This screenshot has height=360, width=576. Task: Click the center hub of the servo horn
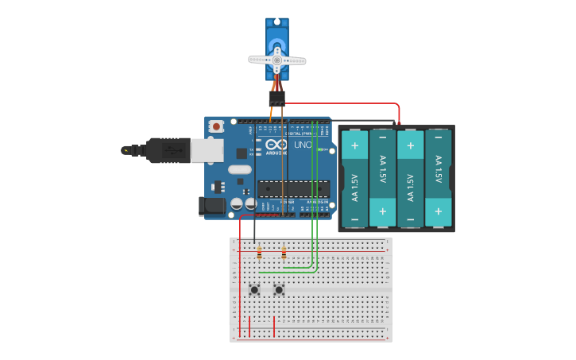point(276,60)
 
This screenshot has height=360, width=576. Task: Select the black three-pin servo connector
point(276,98)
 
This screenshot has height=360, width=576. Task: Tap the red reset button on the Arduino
point(215,126)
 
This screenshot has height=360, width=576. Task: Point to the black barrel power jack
point(210,206)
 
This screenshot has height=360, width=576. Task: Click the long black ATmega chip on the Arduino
point(293,188)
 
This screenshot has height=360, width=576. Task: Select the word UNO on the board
point(303,145)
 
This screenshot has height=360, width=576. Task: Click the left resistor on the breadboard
point(260,253)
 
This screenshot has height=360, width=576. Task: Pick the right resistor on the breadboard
point(284,253)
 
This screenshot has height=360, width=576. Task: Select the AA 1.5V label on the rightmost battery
point(438,171)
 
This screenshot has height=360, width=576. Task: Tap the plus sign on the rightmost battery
point(438,211)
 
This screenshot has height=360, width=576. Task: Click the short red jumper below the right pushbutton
point(274,326)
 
